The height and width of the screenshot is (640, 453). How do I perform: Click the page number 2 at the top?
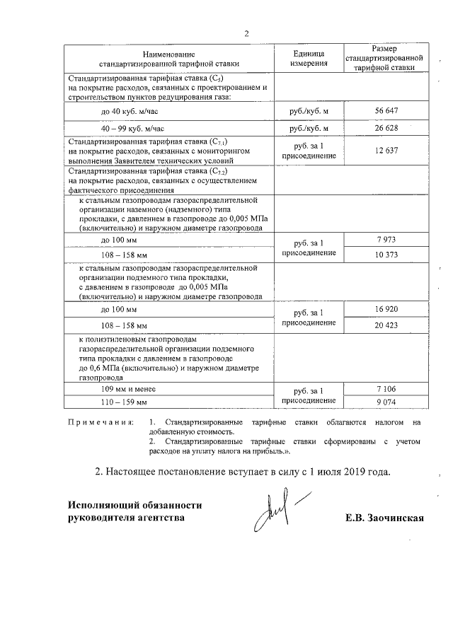click(x=246, y=33)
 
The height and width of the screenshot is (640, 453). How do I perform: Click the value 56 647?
click(x=387, y=111)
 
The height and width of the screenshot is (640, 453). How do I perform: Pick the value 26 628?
click(x=387, y=128)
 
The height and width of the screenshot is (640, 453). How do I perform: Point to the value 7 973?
click(x=387, y=242)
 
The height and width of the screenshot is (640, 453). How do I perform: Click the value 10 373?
click(x=387, y=255)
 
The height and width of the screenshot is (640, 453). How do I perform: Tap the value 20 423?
click(x=387, y=325)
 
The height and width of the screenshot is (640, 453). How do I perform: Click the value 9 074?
click(x=387, y=402)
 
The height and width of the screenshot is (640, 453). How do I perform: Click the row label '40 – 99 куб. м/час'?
click(x=132, y=129)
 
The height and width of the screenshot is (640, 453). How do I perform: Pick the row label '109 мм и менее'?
click(x=128, y=390)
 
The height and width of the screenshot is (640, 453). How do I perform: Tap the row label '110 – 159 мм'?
click(x=124, y=402)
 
